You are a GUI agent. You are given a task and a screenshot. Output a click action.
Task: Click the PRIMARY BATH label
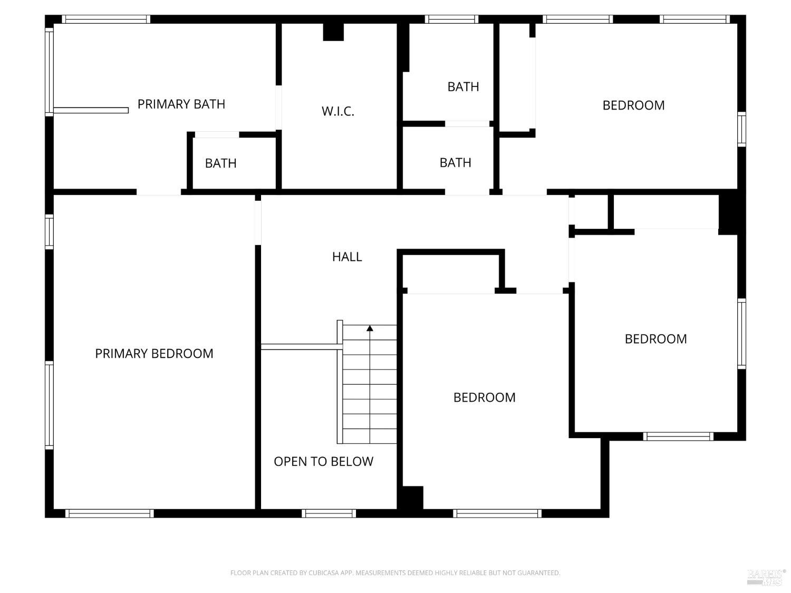181,104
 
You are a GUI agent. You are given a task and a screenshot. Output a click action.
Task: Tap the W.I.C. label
337,111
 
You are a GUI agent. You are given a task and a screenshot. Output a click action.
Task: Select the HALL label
347,257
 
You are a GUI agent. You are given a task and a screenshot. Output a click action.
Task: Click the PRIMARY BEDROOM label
154,353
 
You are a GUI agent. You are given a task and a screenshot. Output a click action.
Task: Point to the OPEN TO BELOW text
323,461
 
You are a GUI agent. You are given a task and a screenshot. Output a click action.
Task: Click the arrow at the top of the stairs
370,328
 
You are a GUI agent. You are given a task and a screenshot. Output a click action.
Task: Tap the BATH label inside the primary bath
220,163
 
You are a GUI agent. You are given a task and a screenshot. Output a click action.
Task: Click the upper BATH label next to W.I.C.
463,86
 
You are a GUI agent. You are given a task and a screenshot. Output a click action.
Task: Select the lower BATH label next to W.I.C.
455,162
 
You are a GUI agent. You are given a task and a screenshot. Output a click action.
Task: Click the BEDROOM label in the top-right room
633,105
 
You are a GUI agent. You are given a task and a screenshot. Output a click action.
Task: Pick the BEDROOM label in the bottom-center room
484,397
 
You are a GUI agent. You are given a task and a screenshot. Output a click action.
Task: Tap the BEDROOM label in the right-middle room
655,338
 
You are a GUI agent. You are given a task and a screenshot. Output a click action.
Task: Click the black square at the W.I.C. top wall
333,32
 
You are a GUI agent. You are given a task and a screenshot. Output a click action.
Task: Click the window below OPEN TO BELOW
329,513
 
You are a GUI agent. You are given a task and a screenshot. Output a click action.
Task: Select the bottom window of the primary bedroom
110,513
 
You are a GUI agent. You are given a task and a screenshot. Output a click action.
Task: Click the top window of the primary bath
106,20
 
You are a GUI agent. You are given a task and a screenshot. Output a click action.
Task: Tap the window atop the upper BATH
451,20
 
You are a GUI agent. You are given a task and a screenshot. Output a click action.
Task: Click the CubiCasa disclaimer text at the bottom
395,573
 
